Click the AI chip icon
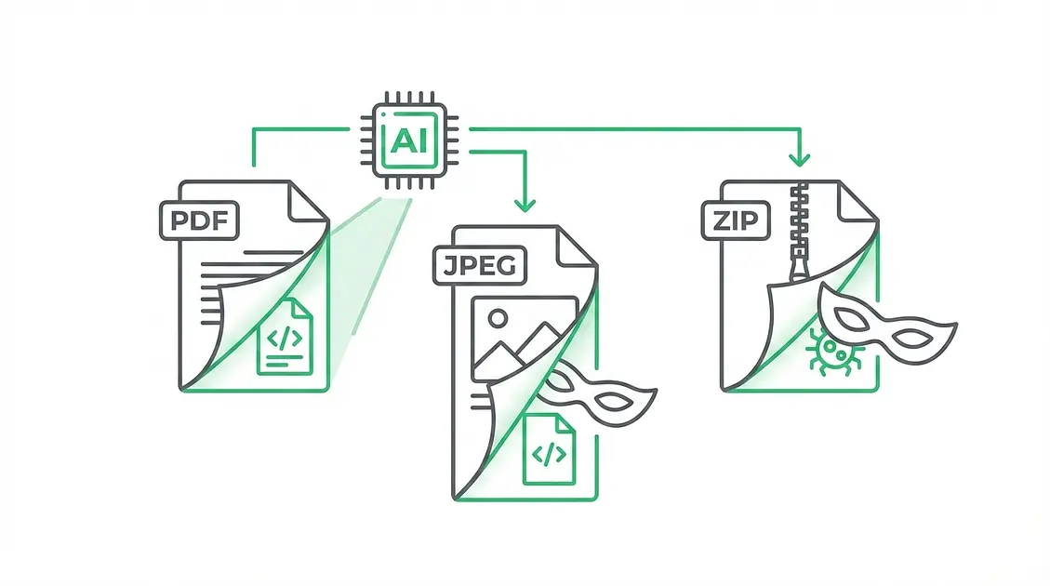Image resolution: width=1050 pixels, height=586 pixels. (405, 140)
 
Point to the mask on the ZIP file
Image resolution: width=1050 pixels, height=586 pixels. (886, 326)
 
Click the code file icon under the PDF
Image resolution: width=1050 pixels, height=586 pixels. (285, 337)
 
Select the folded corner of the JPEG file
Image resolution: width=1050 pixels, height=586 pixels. (568, 246)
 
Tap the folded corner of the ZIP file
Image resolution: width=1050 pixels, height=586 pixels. (853, 200)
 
